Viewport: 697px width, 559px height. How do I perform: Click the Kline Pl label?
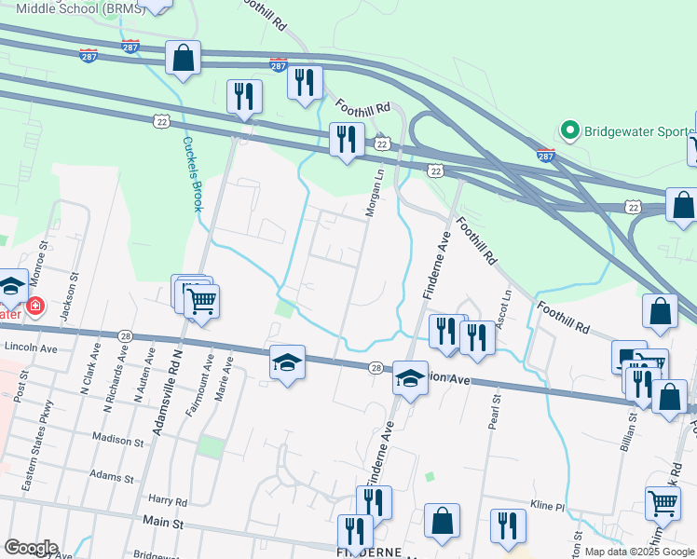pos(549,506)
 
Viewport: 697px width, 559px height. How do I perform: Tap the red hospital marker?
pos(34,306)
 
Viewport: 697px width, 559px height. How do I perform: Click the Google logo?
pos(31,548)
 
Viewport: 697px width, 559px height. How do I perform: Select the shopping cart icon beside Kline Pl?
pos(663,504)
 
